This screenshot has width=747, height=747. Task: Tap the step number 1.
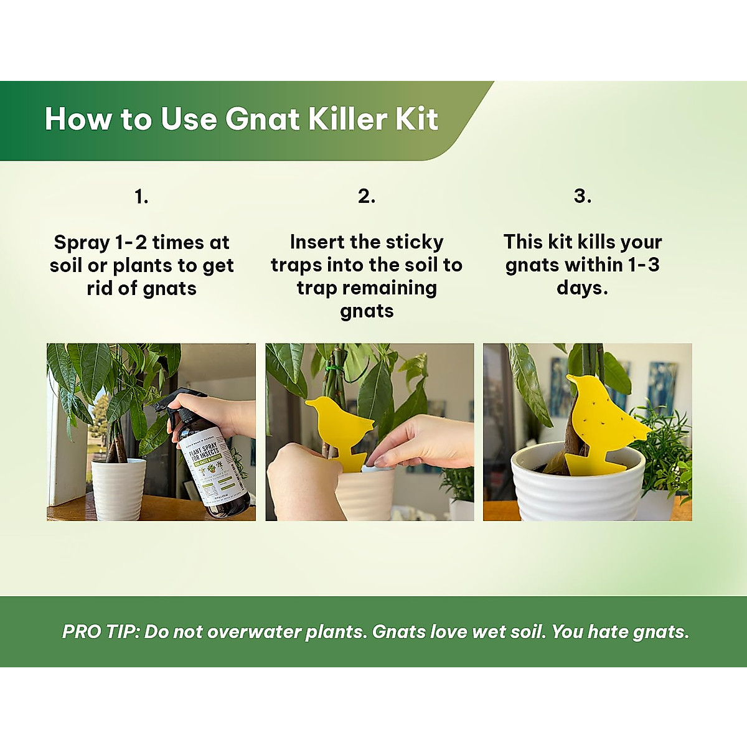point(141,197)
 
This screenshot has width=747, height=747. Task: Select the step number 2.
point(367,196)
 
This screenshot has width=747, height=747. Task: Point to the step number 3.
point(582,196)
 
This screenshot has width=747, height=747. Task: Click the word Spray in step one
point(81,243)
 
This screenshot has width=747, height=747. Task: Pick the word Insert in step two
point(317,242)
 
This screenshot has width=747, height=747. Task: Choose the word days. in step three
point(582,288)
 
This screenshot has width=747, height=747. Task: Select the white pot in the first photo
point(118,489)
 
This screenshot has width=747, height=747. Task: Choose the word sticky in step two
point(413,242)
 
